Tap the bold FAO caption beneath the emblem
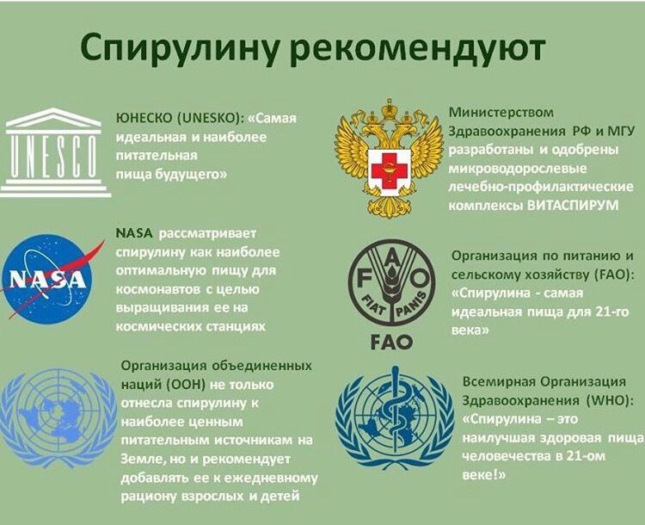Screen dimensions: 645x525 (391, 342)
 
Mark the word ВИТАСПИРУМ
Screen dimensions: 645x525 (573, 205)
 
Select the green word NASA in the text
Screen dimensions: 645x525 (134, 233)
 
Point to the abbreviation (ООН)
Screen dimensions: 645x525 (187, 385)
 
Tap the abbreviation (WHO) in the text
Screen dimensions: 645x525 (610, 401)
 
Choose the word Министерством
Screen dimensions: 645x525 (501, 113)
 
